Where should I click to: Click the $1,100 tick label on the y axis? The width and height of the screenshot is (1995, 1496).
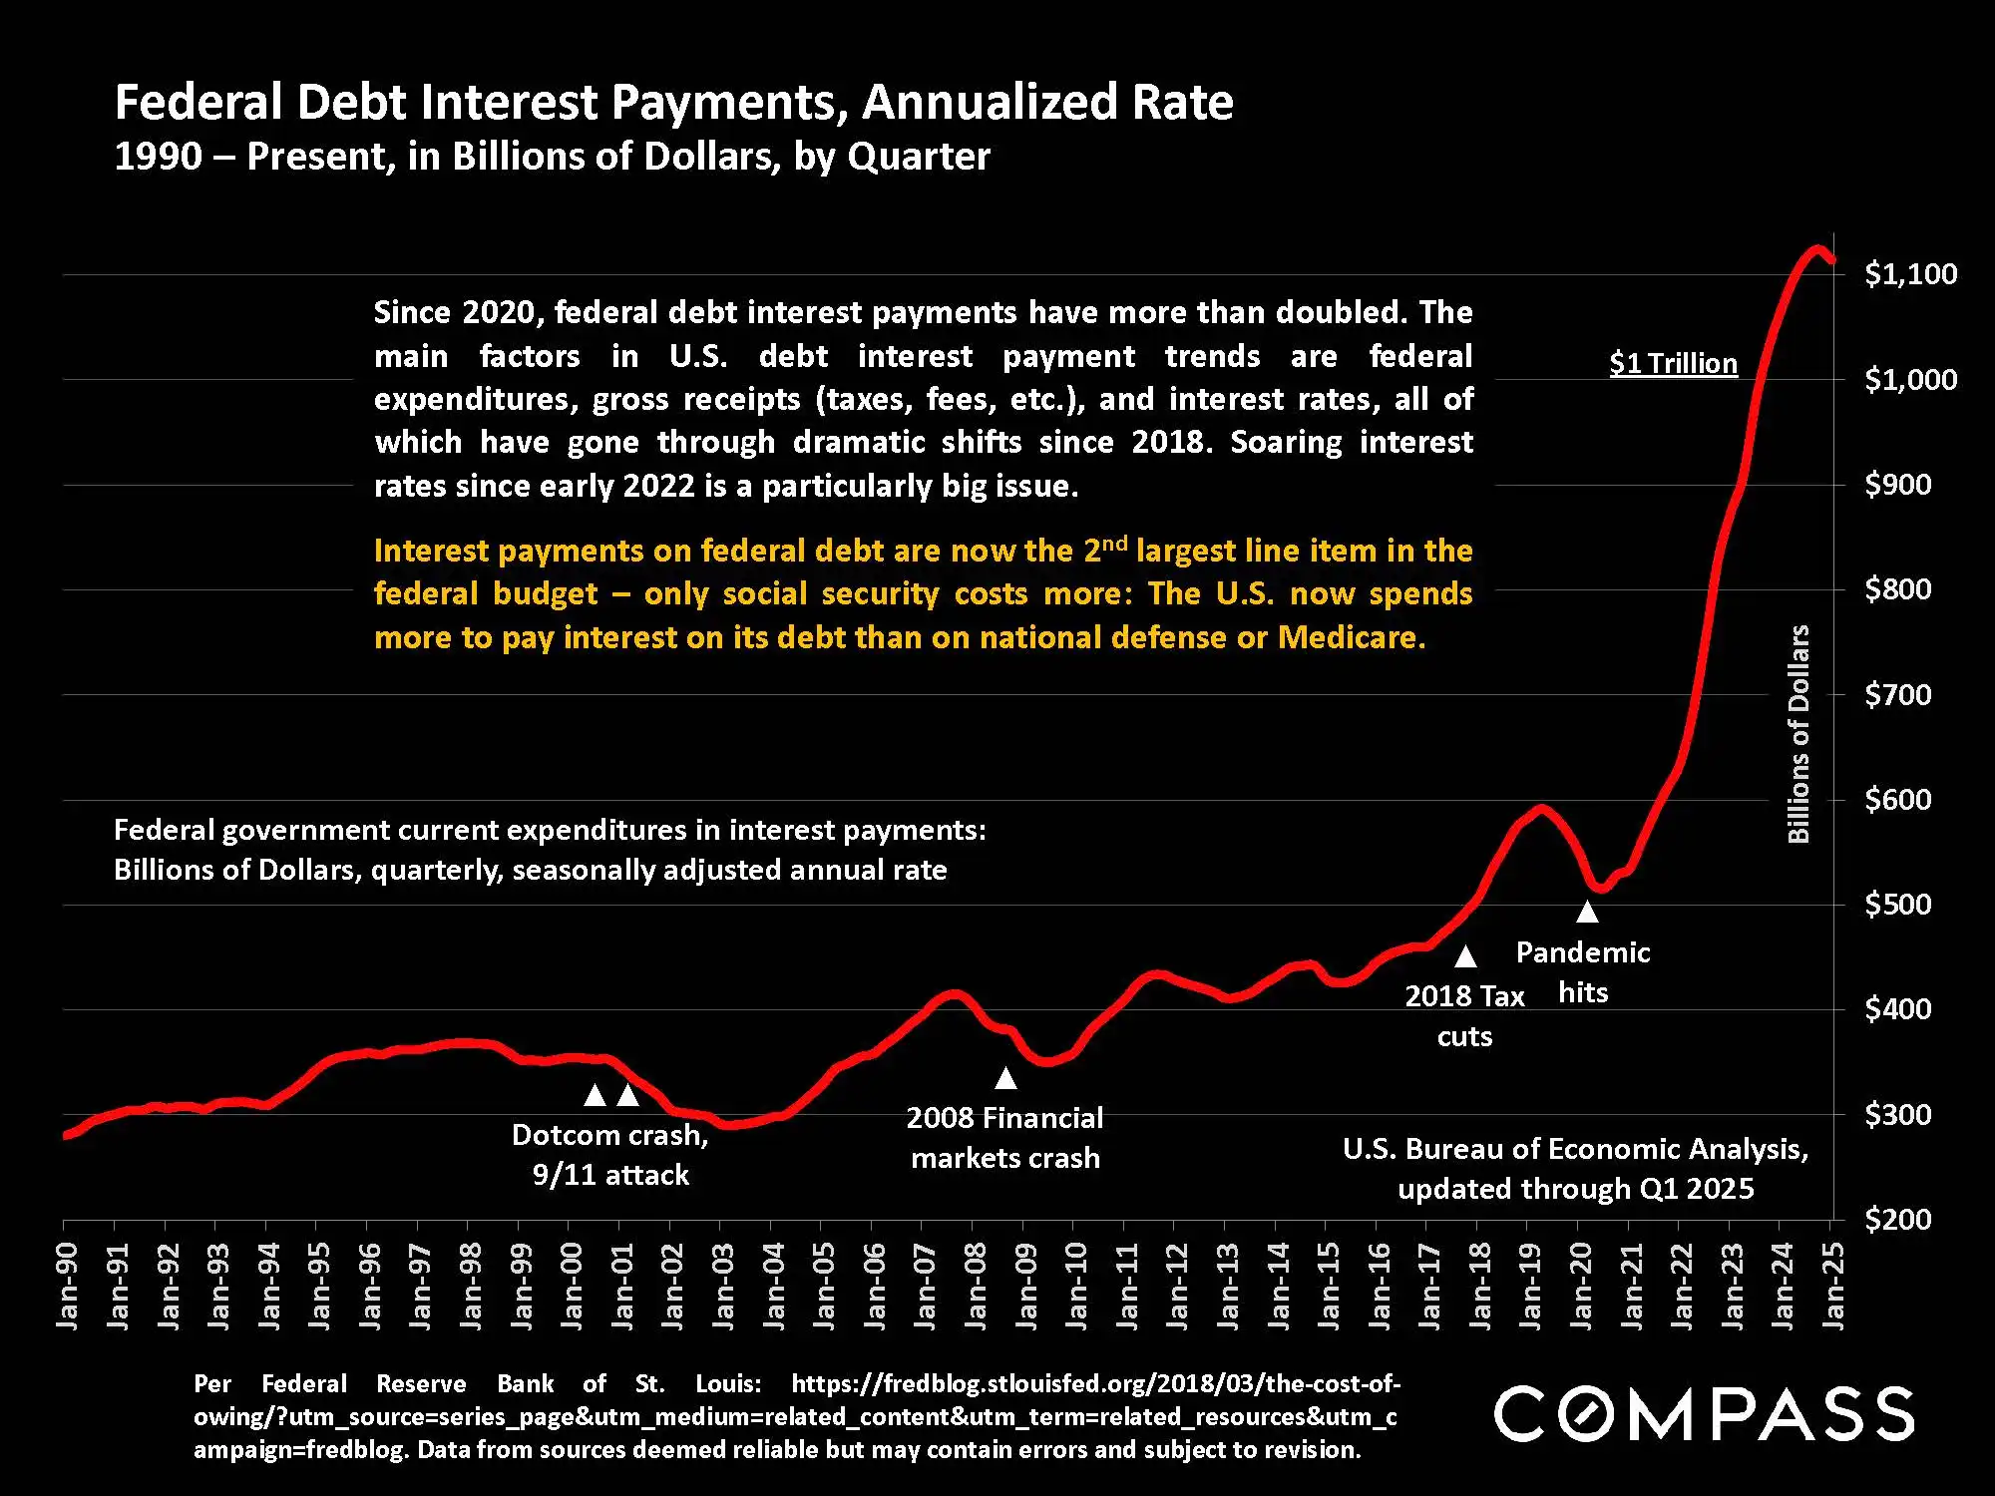[x=1910, y=274]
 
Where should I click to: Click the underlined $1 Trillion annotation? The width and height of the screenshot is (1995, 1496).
[x=1673, y=364]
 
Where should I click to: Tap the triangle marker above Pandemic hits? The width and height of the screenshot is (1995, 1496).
[x=1587, y=912]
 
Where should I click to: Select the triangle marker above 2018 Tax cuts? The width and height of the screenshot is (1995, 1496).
[x=1465, y=957]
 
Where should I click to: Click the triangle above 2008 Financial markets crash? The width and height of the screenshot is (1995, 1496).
[x=1005, y=1078]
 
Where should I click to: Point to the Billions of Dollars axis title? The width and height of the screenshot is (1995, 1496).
[x=1797, y=734]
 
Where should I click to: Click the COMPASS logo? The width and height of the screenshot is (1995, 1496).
[x=1704, y=1413]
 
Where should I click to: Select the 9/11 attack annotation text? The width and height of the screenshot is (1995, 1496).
[x=610, y=1175]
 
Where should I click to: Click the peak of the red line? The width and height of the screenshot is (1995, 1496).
[x=1817, y=249]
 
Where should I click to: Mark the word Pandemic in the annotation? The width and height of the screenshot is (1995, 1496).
[x=1583, y=952]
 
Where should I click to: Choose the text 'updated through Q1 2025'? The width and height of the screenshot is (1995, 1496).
[x=1575, y=1189]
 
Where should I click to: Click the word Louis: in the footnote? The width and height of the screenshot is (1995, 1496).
[x=728, y=1384]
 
